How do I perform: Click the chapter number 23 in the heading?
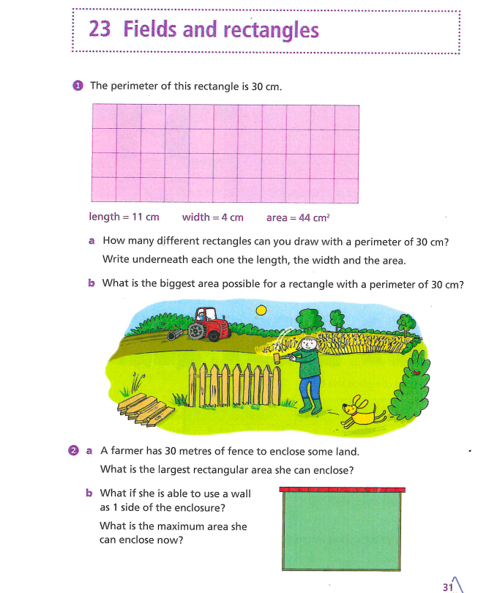100,30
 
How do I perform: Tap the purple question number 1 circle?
78,86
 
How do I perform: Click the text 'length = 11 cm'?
124,217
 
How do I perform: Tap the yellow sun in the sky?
262,310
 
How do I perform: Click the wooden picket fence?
233,383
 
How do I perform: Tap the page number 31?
448,586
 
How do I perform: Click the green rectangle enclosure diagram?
343,531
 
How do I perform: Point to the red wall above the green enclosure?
343,488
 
